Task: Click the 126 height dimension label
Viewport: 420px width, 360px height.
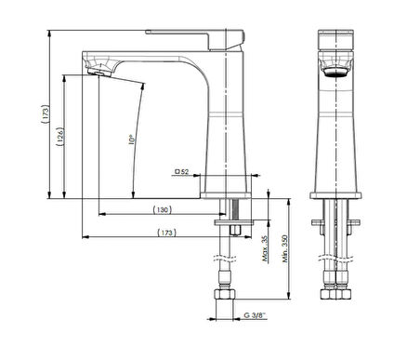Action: coord(60,137)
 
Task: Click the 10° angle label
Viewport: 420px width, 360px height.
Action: coord(131,140)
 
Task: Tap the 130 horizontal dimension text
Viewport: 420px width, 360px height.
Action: coord(162,210)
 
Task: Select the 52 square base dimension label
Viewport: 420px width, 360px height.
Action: coord(182,171)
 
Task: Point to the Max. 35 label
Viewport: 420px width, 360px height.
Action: coord(265,248)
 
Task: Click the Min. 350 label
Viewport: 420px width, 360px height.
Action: coord(285,248)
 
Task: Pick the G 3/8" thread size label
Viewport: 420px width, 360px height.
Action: coord(255,315)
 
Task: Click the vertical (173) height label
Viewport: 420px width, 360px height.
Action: coord(46,114)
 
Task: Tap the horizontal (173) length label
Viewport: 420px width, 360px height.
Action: coord(166,233)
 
